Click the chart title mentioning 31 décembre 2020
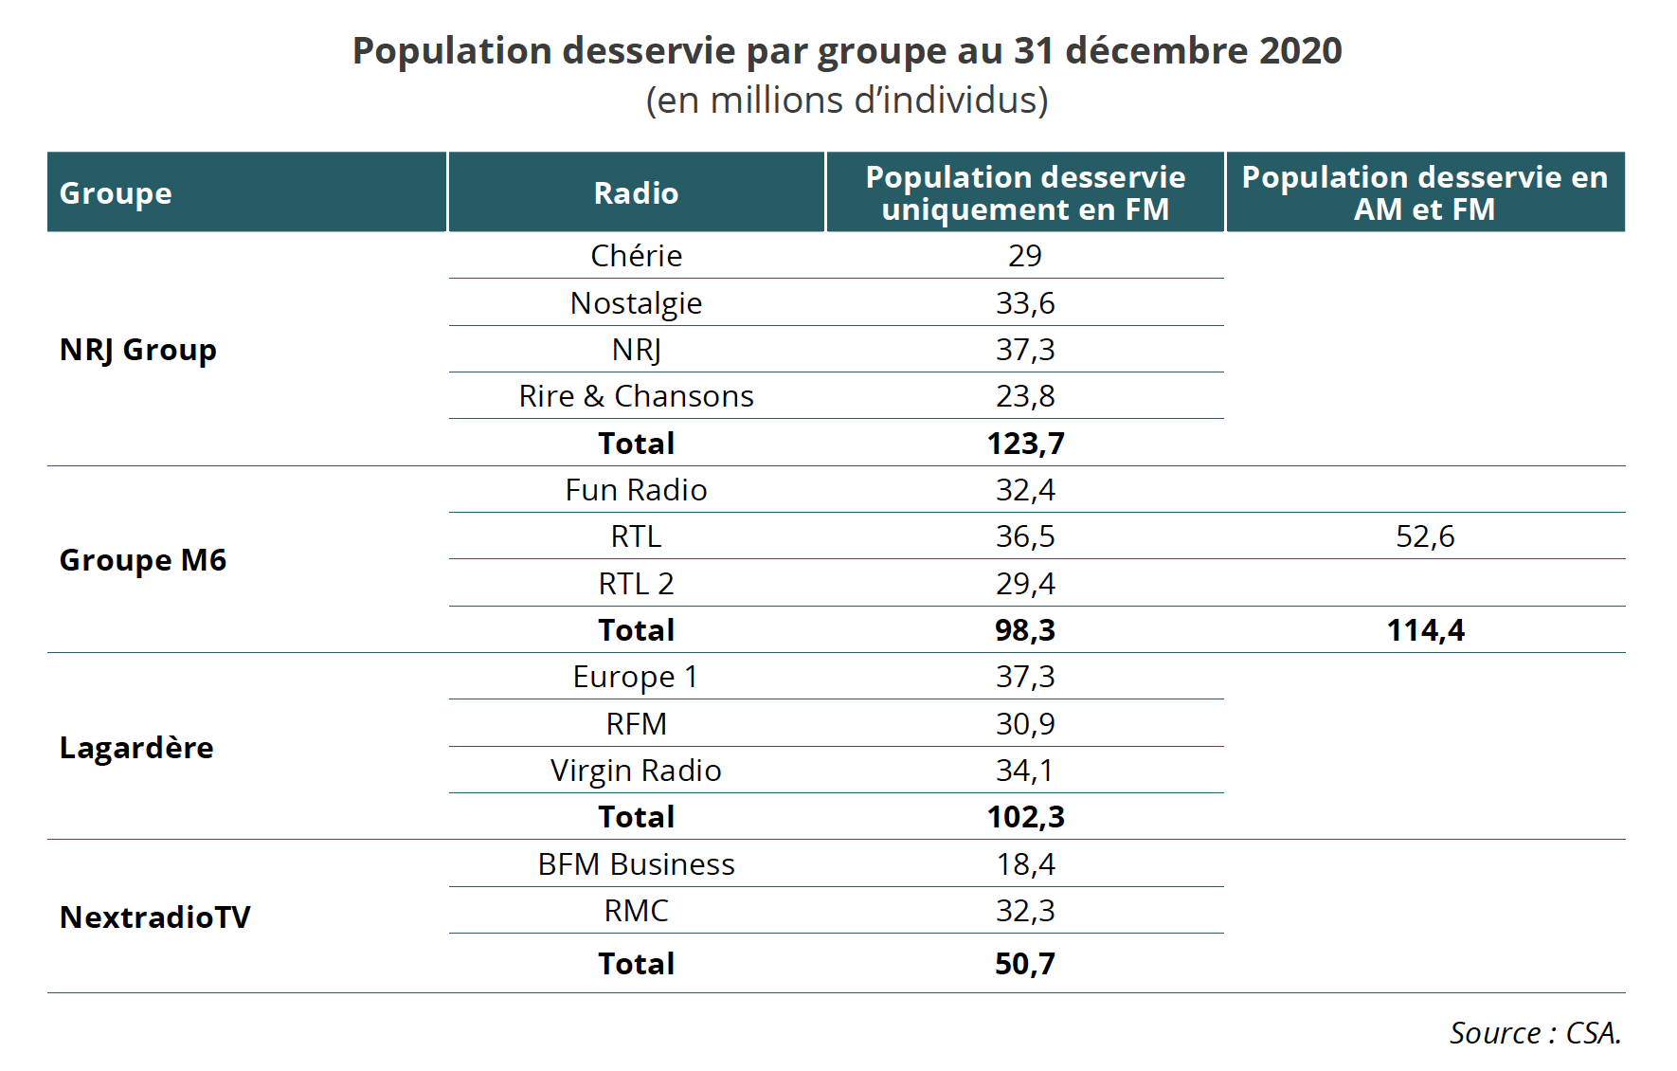[x=847, y=51]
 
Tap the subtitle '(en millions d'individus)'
[x=847, y=100]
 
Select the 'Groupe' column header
[x=116, y=193]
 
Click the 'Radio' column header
[x=636, y=193]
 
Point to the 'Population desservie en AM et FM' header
[x=1424, y=193]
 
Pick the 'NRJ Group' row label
[x=138, y=350]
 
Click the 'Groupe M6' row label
[x=143, y=560]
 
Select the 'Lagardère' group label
[x=136, y=748]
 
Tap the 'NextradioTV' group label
[x=155, y=917]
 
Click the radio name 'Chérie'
[x=636, y=256]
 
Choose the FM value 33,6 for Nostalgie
[x=1025, y=303]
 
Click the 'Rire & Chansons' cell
[x=636, y=396]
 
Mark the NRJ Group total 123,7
[x=1025, y=444]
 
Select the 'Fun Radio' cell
[x=636, y=490]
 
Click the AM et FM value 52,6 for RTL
[x=1425, y=536]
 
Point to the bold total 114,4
[x=1425, y=630]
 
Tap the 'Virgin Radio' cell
[x=636, y=771]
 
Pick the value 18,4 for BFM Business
[x=1025, y=864]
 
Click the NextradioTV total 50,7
[x=1025, y=964]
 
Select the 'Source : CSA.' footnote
[x=1535, y=1033]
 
